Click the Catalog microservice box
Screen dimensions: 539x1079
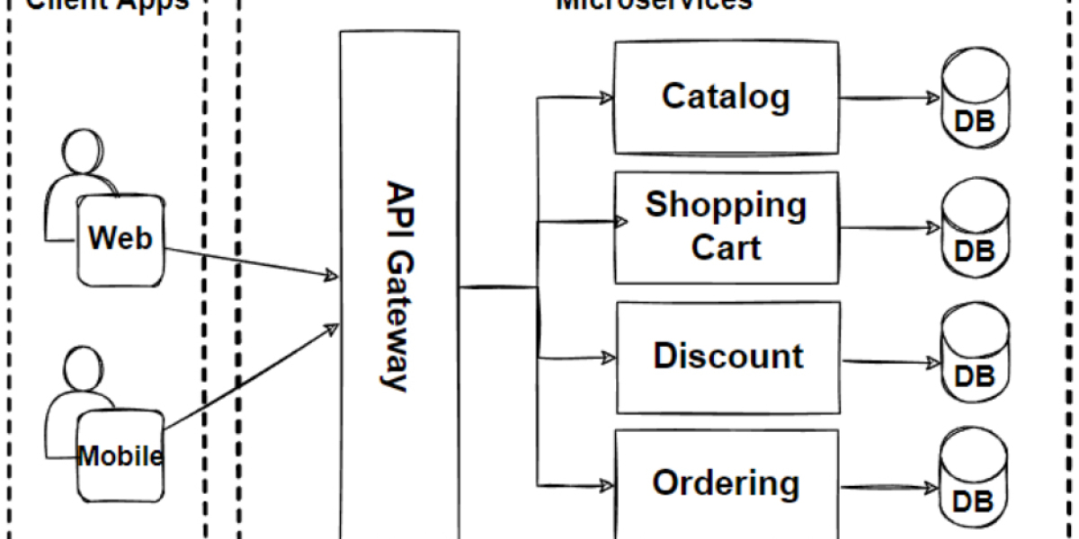click(x=726, y=96)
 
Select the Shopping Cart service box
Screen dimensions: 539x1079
click(x=726, y=225)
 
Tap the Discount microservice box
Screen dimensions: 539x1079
click(x=727, y=357)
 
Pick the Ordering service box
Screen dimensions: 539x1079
click(x=726, y=483)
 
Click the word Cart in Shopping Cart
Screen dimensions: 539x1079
click(x=726, y=247)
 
